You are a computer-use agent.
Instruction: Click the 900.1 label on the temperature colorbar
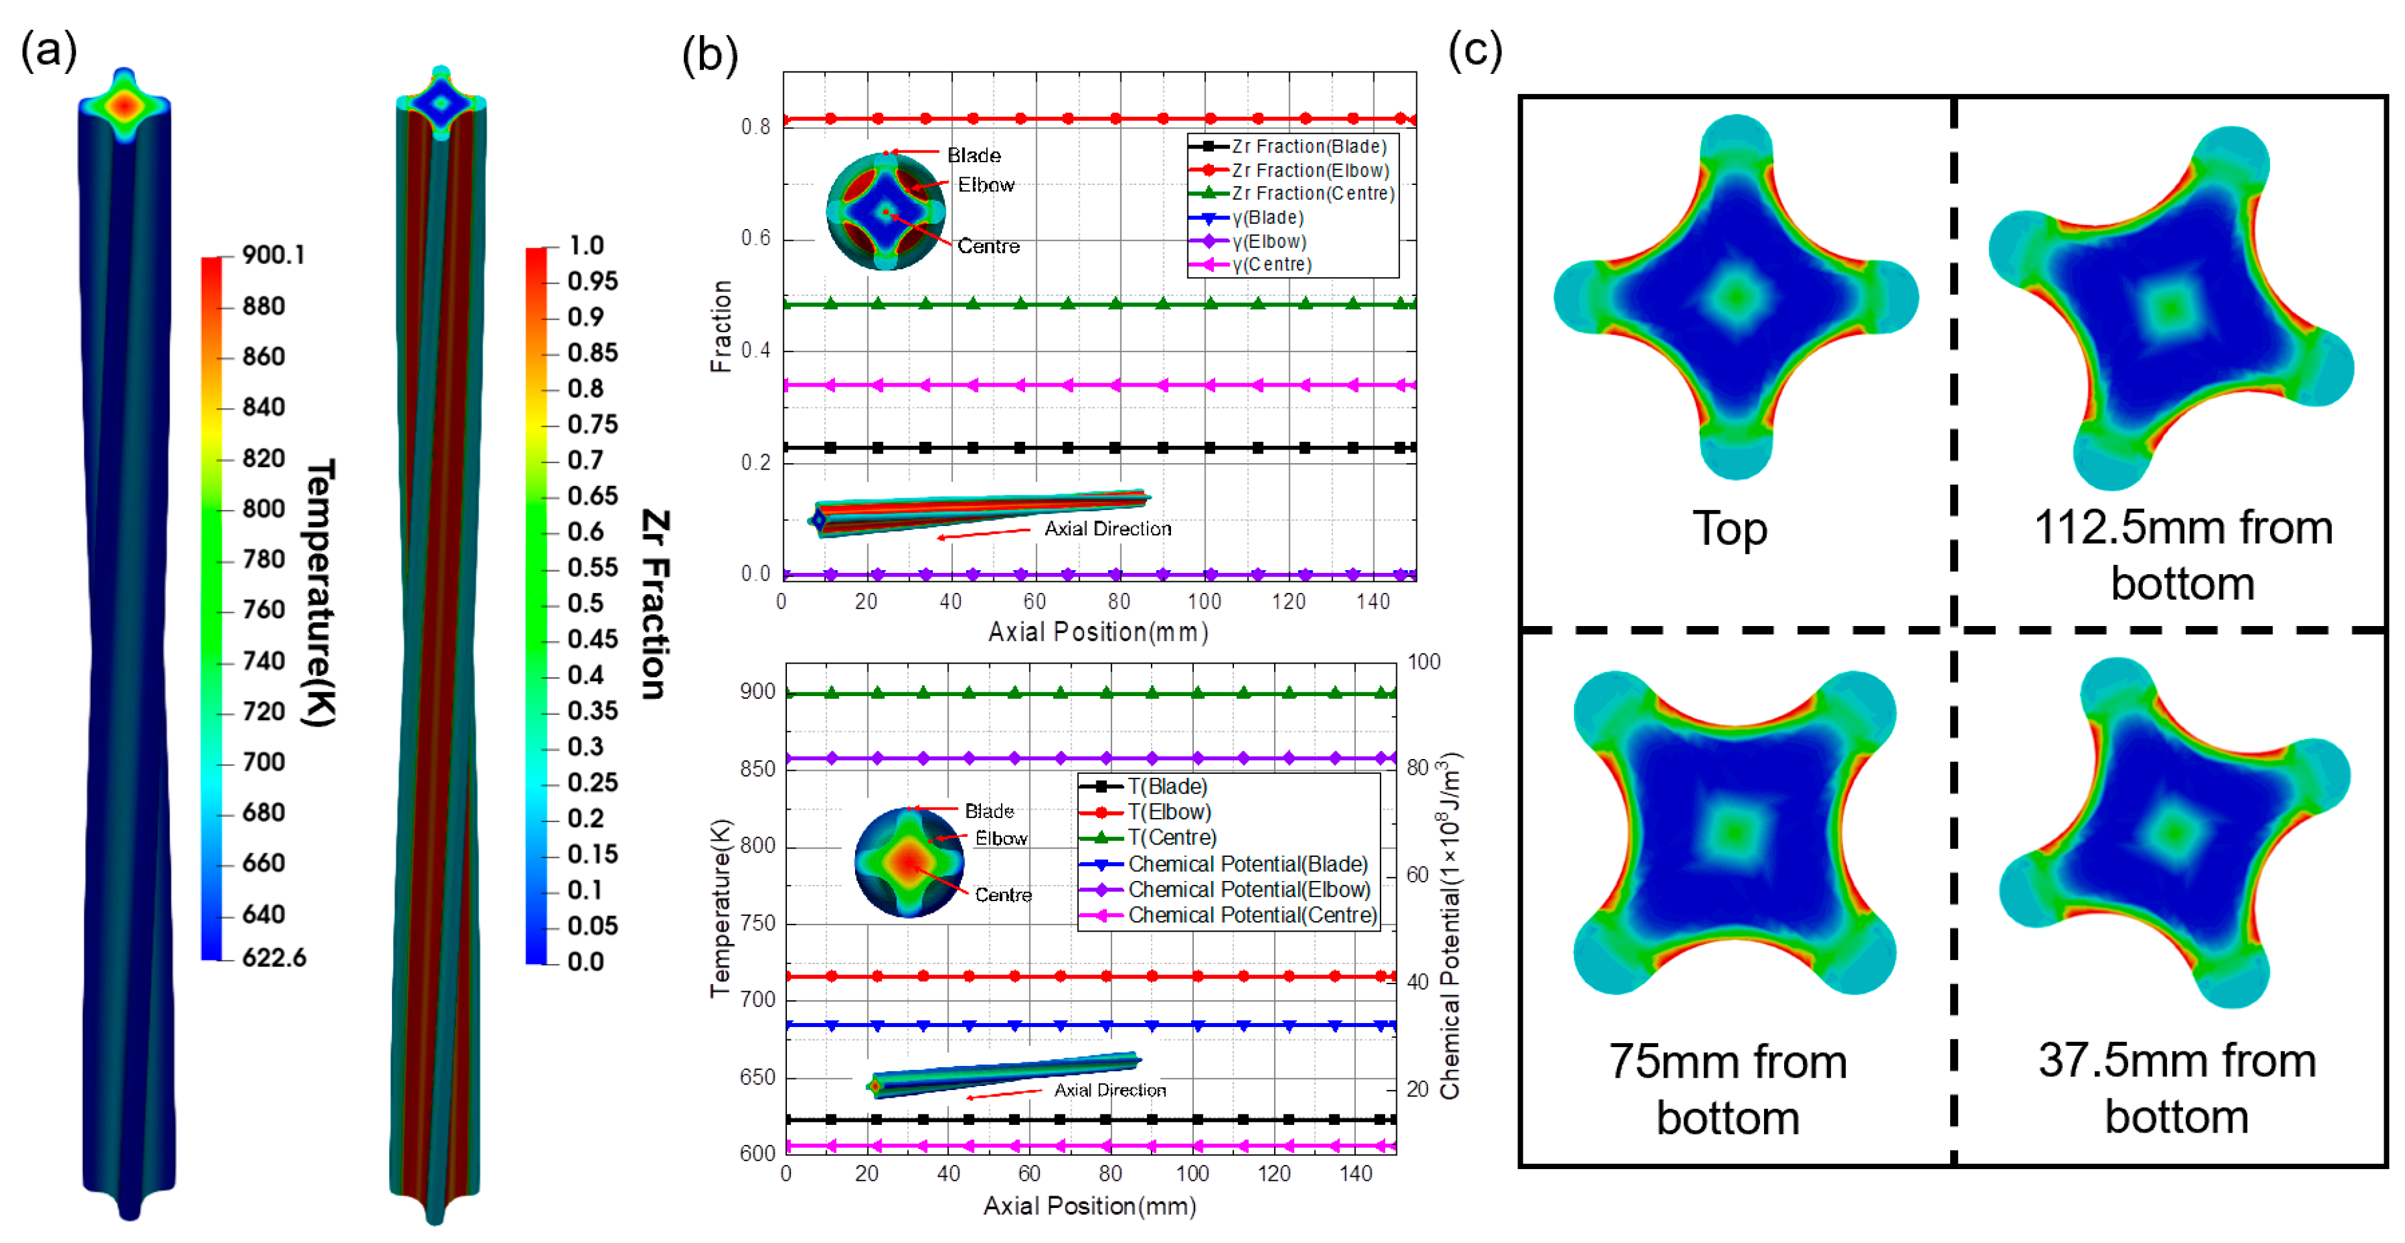pyautogui.click(x=272, y=255)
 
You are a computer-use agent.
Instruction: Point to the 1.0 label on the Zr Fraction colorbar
pyautogui.click(x=586, y=246)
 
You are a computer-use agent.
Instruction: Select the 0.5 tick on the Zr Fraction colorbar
pyautogui.click(x=585, y=603)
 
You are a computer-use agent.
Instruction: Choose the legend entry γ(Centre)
pyautogui.click(x=1272, y=264)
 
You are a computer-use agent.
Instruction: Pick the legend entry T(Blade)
pyautogui.click(x=1167, y=786)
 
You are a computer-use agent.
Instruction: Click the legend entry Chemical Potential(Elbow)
pyautogui.click(x=1248, y=889)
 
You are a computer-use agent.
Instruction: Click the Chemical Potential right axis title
pyautogui.click(x=1449, y=924)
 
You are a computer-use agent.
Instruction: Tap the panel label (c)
pyautogui.click(x=1475, y=49)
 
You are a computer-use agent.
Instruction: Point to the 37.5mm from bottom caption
pyautogui.click(x=2177, y=1088)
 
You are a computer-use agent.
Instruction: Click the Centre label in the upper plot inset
pyautogui.click(x=989, y=246)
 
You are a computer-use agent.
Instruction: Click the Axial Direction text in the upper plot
pyautogui.click(x=1107, y=529)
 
